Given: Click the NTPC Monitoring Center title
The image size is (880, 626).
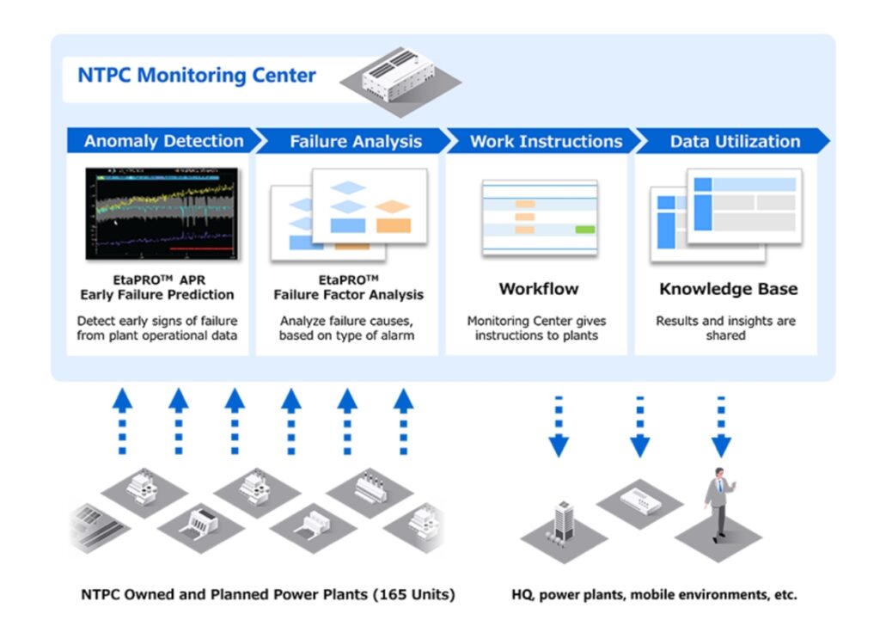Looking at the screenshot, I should (x=197, y=76).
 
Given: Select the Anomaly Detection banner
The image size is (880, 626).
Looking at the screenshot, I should (x=163, y=141).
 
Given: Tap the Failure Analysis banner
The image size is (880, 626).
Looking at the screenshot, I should (x=355, y=141).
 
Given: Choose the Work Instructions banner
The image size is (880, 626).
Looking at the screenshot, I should (x=546, y=141).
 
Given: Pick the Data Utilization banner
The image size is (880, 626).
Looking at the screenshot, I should (x=735, y=141).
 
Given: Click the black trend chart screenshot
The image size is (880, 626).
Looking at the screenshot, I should (x=162, y=214).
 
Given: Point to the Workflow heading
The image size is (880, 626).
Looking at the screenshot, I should (x=539, y=289).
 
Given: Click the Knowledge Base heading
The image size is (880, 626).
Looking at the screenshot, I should (x=728, y=289).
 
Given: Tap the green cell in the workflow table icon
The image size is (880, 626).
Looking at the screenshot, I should (x=584, y=230).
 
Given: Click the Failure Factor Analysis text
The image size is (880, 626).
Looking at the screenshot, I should (x=348, y=295).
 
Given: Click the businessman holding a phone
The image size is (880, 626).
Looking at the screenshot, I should (x=720, y=502).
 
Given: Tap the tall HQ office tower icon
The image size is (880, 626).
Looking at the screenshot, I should (x=563, y=521).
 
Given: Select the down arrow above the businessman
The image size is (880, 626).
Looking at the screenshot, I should (x=720, y=427).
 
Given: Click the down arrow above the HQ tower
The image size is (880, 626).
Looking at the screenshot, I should (x=559, y=427).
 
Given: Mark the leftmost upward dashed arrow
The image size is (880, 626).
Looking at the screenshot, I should (x=123, y=421).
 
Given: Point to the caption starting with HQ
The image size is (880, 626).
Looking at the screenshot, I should (x=654, y=594).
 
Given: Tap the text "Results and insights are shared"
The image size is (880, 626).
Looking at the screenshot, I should (x=725, y=328).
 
